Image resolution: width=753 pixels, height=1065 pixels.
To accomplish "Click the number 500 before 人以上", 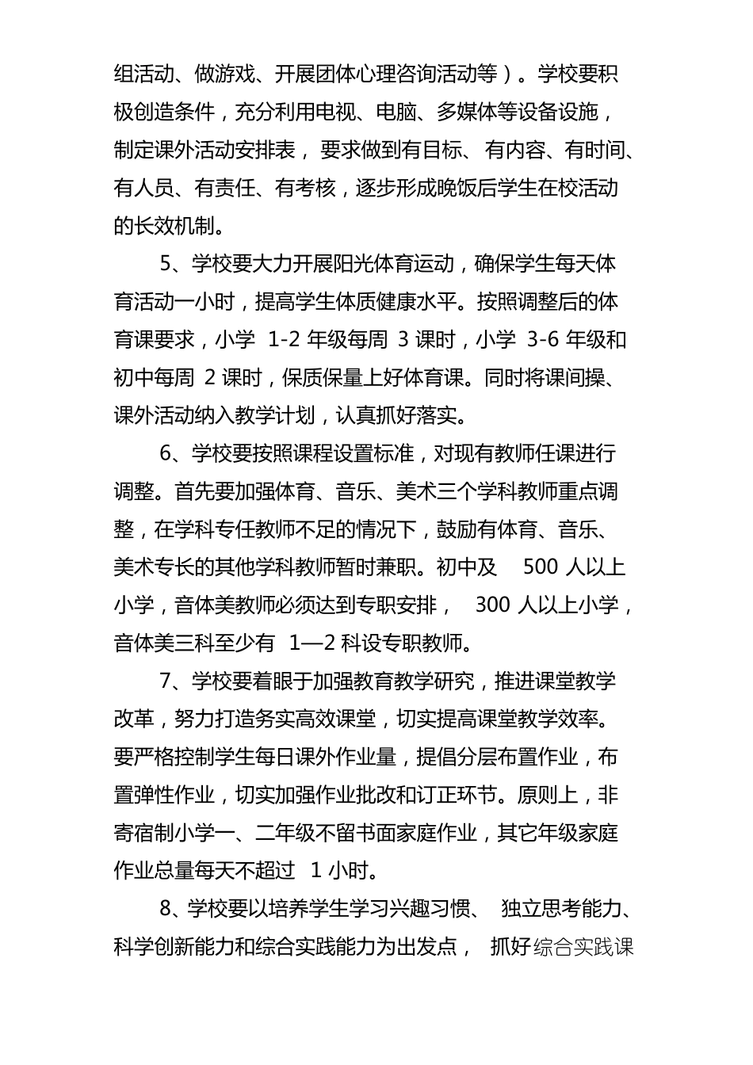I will coord(541,567).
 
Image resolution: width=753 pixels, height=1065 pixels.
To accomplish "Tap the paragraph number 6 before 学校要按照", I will coord(166,453).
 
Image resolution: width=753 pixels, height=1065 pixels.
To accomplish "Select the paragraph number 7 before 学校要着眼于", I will coord(166,681).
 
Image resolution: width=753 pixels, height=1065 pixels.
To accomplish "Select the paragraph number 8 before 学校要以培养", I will coord(166,909).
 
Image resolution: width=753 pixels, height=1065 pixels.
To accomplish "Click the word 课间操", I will coord(586,378).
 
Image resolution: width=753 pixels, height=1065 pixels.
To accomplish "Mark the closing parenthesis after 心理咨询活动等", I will coord(509,74).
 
